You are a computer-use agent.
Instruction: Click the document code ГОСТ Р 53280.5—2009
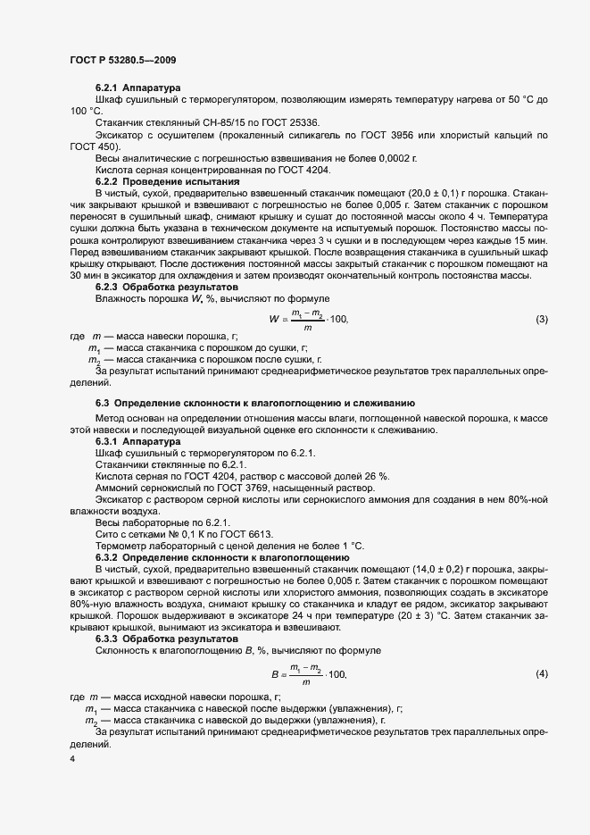tap(122, 59)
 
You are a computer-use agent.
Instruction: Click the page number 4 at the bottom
tap(72, 759)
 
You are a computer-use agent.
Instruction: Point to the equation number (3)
tap(541, 320)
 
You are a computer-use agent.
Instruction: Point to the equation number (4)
tap(541, 673)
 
